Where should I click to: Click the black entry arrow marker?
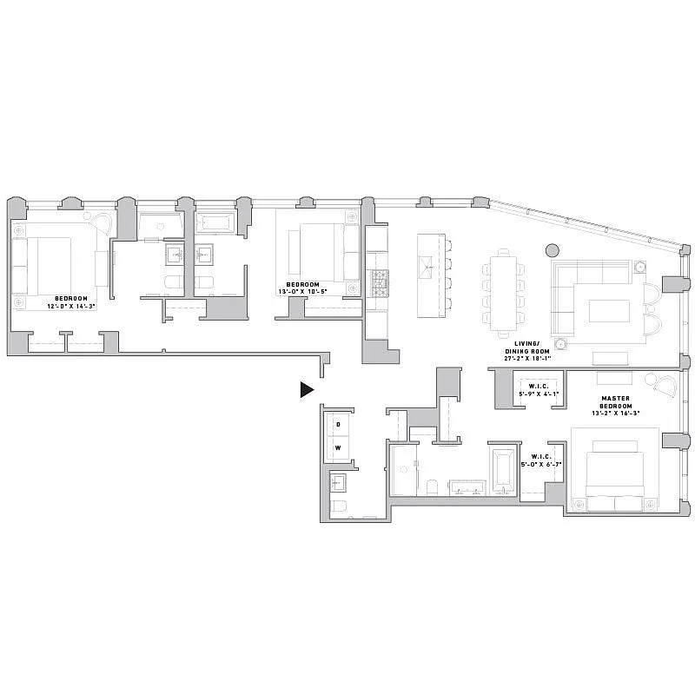coord(306,390)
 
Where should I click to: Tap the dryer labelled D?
coord(338,425)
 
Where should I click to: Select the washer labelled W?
coord(338,448)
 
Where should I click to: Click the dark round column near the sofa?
coord(552,250)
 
